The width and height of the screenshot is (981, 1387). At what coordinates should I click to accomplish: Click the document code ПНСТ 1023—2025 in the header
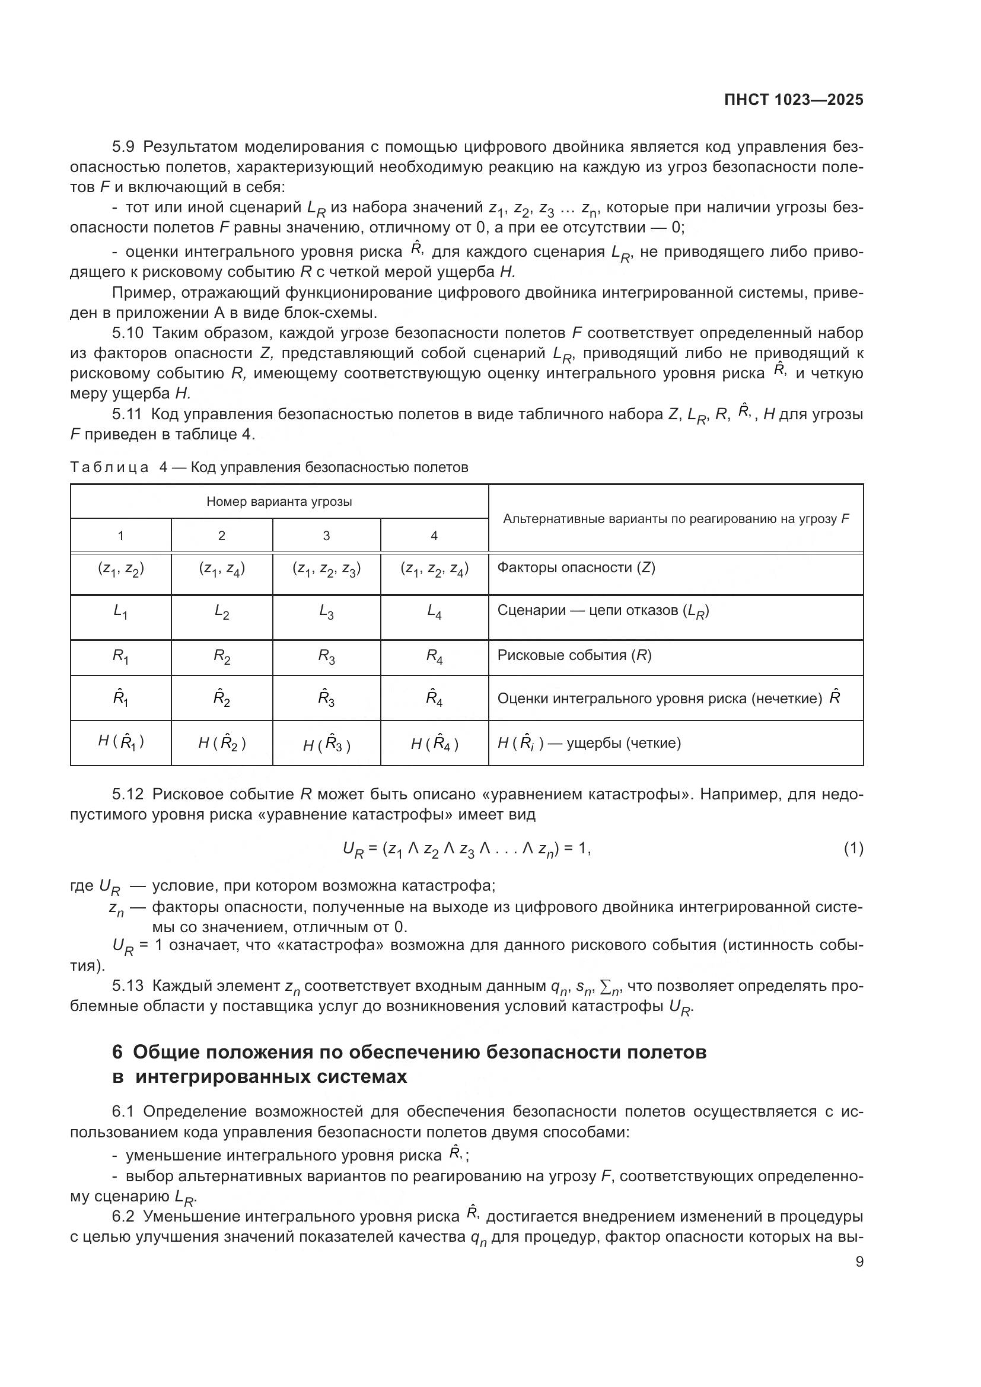pos(794,100)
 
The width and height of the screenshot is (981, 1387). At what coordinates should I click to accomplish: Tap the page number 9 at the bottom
pos(859,1261)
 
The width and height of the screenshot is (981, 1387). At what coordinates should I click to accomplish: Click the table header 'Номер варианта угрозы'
pos(279,502)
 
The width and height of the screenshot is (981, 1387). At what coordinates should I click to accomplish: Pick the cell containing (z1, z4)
pos(222,569)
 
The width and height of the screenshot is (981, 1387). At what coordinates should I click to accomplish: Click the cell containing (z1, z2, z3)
pos(326,569)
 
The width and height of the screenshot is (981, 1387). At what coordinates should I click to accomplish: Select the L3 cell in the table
pos(326,612)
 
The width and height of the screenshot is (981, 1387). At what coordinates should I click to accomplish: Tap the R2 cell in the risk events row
pos(222,656)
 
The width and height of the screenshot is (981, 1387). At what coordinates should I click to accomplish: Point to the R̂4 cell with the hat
pos(434,698)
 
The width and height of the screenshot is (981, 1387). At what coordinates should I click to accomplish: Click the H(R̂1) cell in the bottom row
pos(121,741)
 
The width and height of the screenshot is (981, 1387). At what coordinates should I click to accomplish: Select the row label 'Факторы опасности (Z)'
pos(576,568)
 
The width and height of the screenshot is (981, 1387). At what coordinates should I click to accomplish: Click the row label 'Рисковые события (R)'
pos(574,655)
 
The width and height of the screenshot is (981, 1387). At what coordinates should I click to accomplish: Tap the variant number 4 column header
pos(434,535)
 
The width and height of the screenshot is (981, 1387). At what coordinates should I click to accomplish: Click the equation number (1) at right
pos(853,849)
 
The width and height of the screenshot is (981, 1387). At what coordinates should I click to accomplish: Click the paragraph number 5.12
pos(128,794)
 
